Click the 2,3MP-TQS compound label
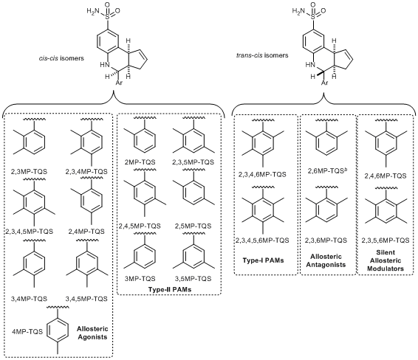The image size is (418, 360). [29, 171]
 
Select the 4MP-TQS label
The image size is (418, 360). [27, 331]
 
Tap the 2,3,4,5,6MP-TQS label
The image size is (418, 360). [262, 240]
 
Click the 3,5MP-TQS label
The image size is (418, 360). [193, 279]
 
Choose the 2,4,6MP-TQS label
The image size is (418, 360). [386, 176]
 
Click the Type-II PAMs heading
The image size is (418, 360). [170, 289]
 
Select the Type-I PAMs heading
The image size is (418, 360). [263, 260]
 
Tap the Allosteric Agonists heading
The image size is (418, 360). [92, 333]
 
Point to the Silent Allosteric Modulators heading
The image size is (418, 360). [386, 260]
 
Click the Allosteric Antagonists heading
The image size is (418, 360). [326, 260]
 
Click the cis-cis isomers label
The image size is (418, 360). [61, 58]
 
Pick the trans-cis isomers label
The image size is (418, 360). [262, 55]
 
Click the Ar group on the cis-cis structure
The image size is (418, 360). [119, 83]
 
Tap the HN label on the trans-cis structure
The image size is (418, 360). [309, 64]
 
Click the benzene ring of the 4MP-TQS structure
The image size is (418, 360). [58, 331]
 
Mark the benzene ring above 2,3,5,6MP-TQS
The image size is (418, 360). [386, 210]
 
